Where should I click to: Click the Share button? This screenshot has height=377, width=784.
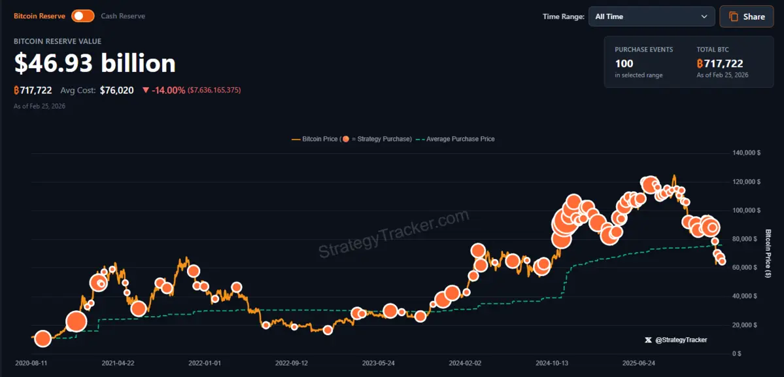pyautogui.click(x=746, y=16)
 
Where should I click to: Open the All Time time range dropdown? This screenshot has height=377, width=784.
pyautogui.click(x=651, y=16)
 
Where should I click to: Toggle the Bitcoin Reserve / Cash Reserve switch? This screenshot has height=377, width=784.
pyautogui.click(x=83, y=16)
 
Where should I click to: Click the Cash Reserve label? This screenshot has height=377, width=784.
pyautogui.click(x=123, y=16)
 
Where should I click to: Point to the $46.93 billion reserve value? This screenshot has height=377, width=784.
pyautogui.click(x=95, y=63)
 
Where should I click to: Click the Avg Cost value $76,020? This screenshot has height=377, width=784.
pyautogui.click(x=116, y=90)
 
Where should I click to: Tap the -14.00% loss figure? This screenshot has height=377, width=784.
pyautogui.click(x=168, y=90)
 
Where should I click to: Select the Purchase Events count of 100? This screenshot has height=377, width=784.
pyautogui.click(x=624, y=63)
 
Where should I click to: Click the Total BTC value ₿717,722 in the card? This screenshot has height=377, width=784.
pyautogui.click(x=720, y=63)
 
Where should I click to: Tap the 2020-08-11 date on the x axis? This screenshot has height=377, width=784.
pyautogui.click(x=31, y=362)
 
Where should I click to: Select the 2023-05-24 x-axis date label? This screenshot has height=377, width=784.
pyautogui.click(x=379, y=362)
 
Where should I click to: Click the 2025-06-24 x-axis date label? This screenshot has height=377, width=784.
pyautogui.click(x=639, y=362)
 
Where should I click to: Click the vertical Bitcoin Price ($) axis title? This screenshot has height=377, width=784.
pyautogui.click(x=768, y=253)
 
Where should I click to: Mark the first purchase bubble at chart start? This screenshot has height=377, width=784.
pyautogui.click(x=43, y=338)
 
